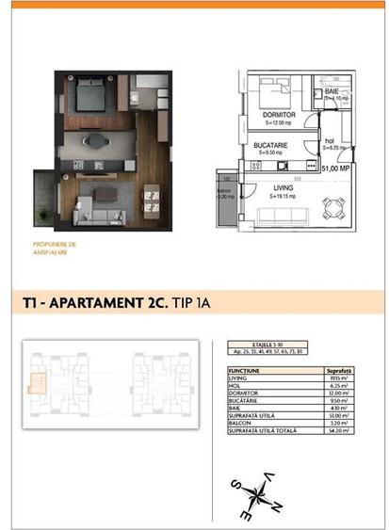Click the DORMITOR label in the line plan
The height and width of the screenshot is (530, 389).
(280, 114)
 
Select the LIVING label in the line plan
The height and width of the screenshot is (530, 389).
(283, 187)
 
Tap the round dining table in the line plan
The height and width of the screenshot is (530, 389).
(331, 205)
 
